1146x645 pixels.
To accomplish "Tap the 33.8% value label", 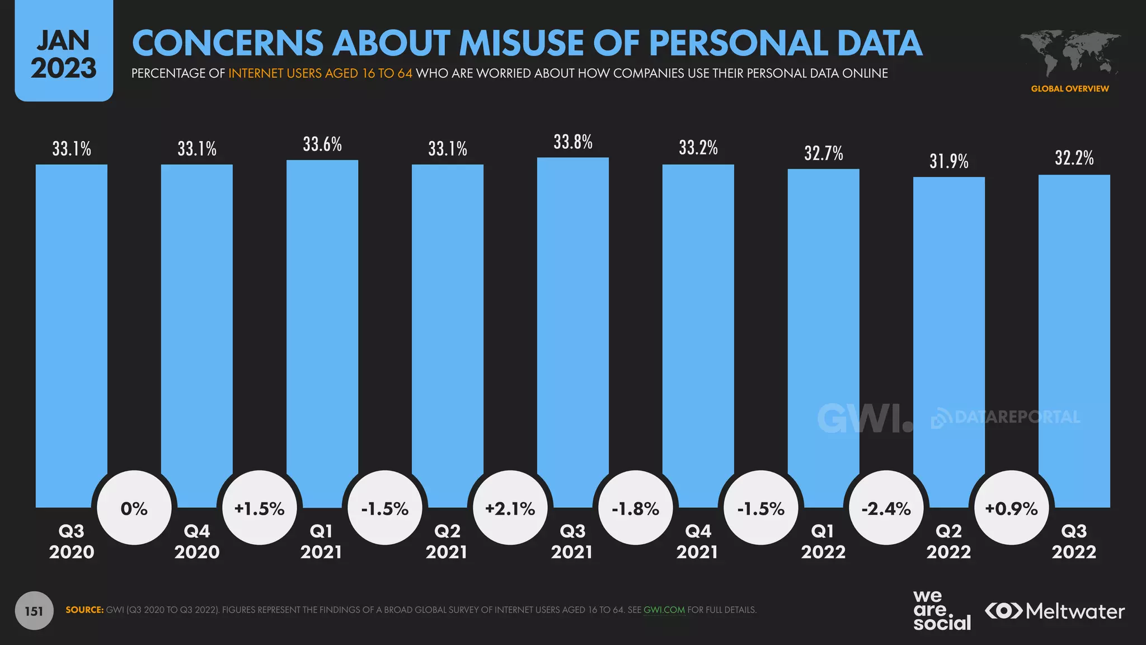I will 573,142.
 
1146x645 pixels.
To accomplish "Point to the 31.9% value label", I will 949,161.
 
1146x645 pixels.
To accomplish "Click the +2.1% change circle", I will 510,508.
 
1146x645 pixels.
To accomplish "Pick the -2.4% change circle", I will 886,508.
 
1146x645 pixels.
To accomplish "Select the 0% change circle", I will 134,508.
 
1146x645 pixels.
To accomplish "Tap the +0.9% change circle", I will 1011,508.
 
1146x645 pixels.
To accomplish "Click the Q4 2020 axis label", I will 197,541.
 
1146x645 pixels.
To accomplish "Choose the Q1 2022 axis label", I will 823,541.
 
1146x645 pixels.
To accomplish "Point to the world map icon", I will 1070,53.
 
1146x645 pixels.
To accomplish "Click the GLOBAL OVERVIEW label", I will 1070,88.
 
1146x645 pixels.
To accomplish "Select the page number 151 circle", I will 34,611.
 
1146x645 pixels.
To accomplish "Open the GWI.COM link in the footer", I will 664,610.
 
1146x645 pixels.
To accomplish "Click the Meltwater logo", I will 1055,611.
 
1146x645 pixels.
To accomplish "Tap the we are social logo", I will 942,611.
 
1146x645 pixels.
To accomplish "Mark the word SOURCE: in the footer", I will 84,610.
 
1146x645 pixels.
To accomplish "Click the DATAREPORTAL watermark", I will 1006,417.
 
